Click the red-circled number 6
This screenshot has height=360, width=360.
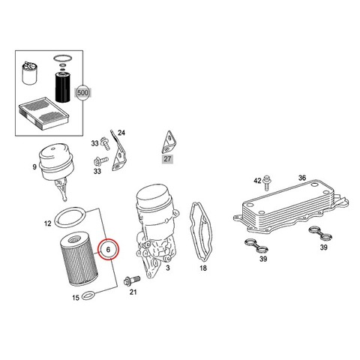pos(108,250)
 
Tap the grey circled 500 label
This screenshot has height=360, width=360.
pos(82,93)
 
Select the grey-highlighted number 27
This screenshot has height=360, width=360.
pos(167,158)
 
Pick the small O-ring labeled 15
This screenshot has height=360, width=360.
pos(88,295)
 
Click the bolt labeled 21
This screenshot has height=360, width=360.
pos(132,280)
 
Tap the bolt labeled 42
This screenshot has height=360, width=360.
pos(267,183)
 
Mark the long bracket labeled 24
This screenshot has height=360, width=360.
pos(119,151)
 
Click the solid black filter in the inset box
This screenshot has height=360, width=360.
pos(62,86)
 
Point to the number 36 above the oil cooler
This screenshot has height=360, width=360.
pos(302,178)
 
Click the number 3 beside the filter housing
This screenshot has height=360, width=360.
pos(168,268)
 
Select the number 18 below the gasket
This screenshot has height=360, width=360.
pos(203,268)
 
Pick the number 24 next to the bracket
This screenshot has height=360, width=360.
pos(121,133)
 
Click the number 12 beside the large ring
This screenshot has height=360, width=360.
pos(48,223)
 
